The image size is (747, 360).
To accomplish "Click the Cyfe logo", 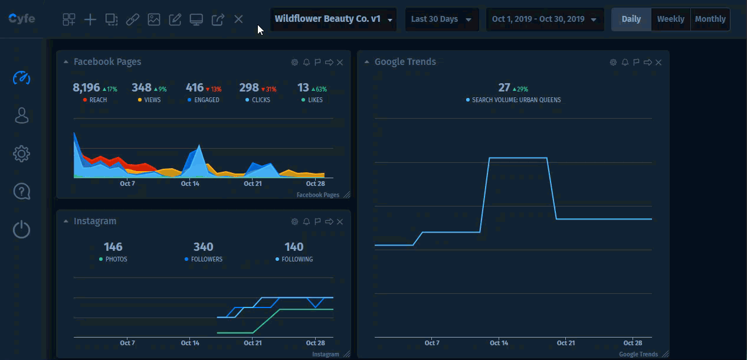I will [22, 19].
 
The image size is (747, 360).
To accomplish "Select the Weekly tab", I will [670, 19].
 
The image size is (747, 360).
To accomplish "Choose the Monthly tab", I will [710, 19].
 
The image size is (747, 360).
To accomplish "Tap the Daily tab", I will [631, 19].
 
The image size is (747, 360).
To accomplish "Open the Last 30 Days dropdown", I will [441, 19].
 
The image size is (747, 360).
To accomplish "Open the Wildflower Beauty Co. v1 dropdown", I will [333, 19].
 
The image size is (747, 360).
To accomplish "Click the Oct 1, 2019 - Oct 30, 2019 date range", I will [544, 19].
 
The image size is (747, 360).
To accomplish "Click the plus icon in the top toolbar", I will [90, 19].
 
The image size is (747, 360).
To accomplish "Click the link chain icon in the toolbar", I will [133, 19].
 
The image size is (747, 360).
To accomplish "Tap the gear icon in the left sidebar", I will [22, 154].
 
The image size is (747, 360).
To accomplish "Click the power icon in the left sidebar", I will [22, 229].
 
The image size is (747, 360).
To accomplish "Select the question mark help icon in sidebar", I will [22, 192].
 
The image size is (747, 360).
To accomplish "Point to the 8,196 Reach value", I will [86, 88].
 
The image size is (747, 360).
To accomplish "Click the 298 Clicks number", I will [249, 88].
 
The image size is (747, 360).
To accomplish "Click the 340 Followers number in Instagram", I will [203, 247].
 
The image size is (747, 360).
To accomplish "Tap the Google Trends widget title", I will [405, 62].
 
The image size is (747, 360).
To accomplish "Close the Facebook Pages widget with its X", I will [340, 63].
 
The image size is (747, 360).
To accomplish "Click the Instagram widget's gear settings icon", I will [294, 222].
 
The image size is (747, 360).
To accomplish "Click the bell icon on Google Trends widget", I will [625, 63].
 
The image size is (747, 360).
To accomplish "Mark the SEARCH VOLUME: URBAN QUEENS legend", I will [516, 100].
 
